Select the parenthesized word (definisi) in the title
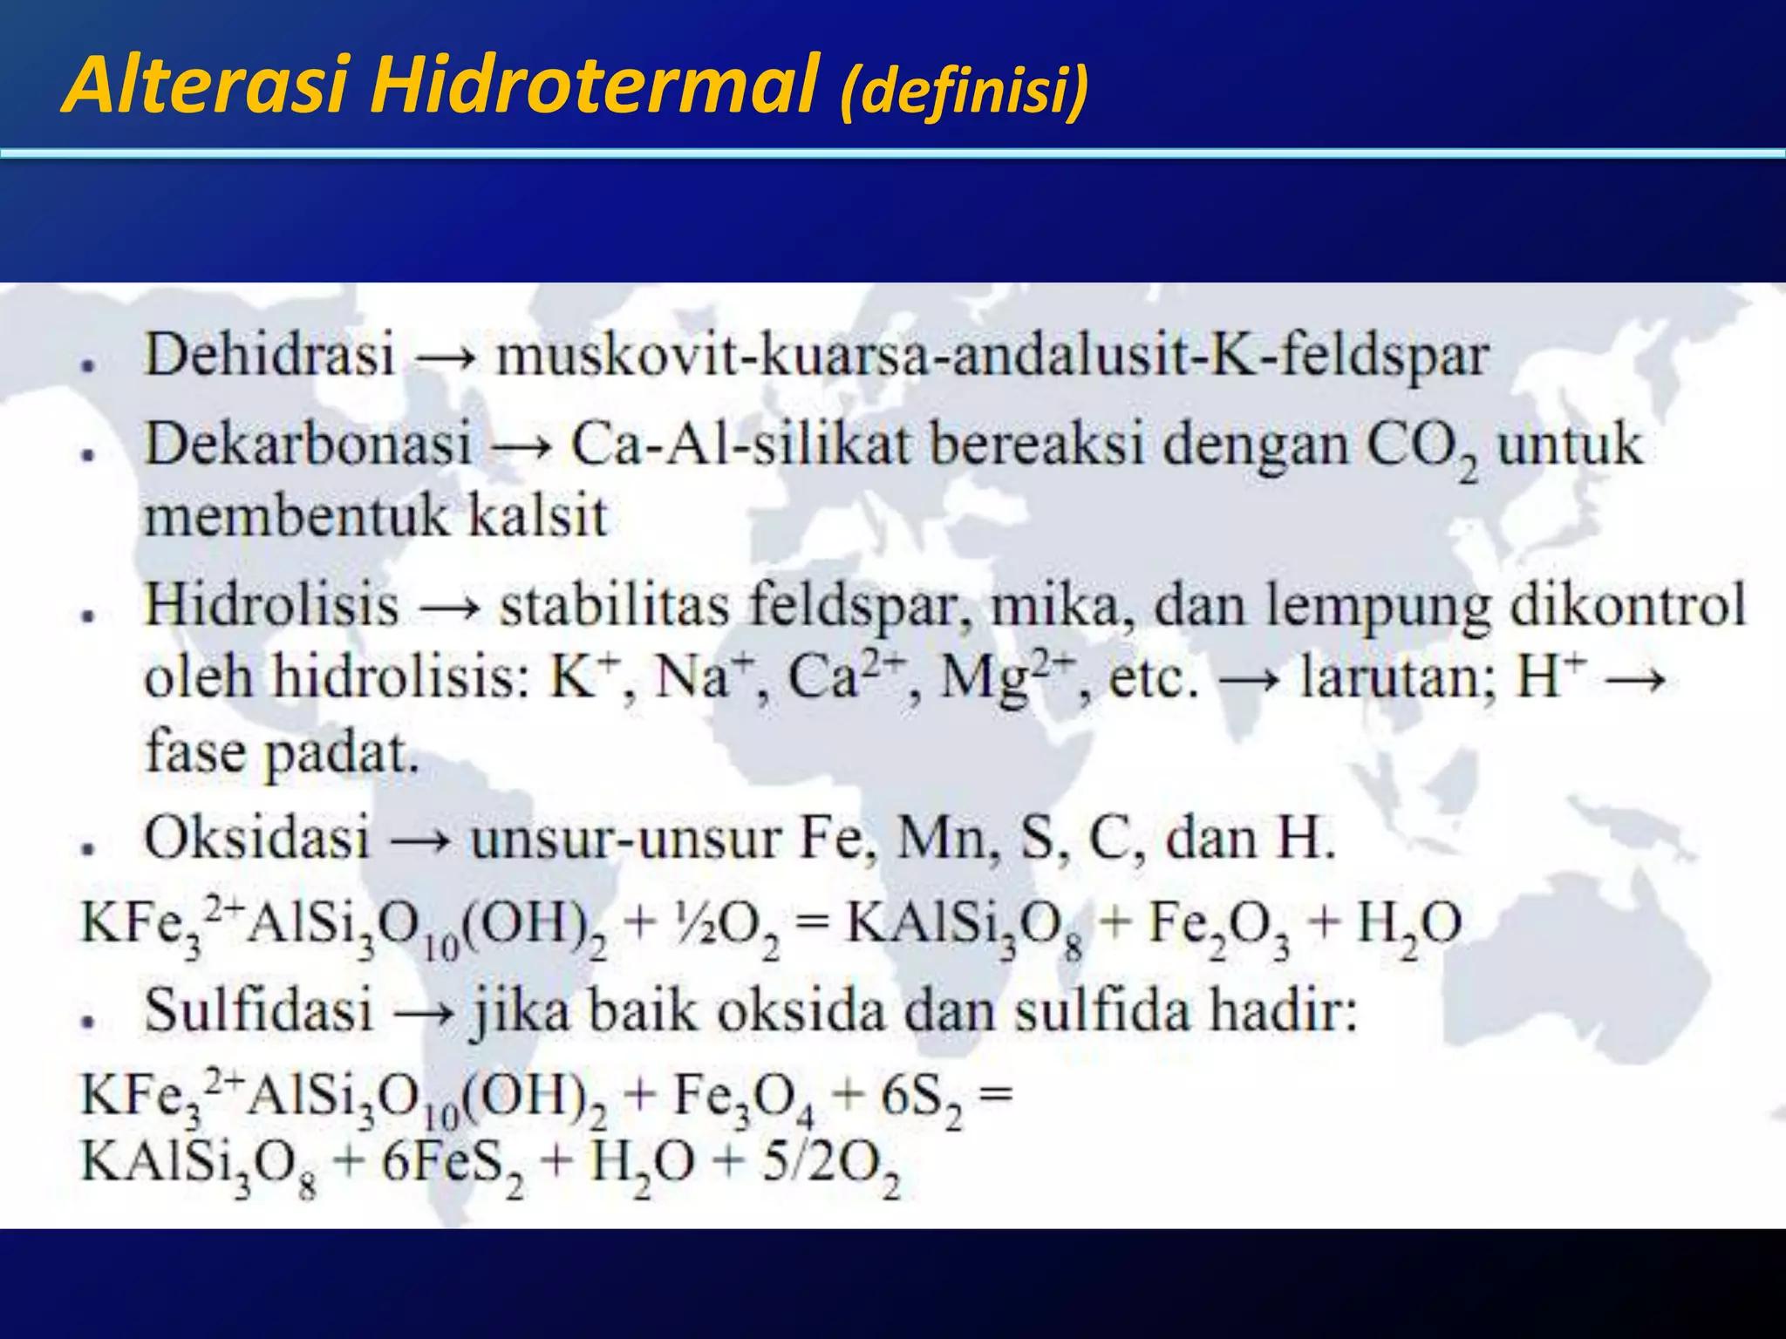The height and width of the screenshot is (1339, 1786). coord(964,91)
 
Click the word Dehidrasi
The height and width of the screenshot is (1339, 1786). coord(269,356)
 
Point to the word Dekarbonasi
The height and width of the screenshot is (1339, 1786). coord(308,444)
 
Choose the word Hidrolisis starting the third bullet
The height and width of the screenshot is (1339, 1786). coord(271,604)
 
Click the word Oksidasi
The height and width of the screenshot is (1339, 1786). coord(257,838)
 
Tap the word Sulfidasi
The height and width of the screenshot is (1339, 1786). coord(259,1010)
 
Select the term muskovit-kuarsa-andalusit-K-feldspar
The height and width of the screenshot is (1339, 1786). coord(992,356)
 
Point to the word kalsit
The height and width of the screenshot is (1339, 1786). coord(537,516)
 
